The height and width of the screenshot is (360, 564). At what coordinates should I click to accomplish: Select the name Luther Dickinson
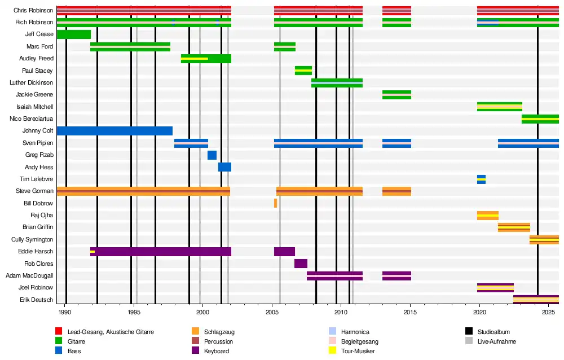pos(32,82)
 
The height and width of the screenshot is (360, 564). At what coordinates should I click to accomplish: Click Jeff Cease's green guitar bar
pos(73,34)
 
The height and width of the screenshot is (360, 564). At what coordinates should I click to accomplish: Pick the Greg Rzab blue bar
pos(212,155)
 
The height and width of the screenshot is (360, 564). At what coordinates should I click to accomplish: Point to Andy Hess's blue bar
pos(224,167)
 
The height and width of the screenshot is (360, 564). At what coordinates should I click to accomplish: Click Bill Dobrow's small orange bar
pos(275,203)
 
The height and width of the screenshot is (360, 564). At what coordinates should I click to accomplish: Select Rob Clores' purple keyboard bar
pos(301,264)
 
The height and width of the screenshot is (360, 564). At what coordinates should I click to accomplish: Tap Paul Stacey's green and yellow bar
pos(303,71)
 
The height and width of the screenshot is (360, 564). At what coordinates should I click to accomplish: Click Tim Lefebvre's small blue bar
pos(481,179)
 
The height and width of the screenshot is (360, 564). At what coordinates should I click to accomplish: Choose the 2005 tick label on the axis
pos(272,311)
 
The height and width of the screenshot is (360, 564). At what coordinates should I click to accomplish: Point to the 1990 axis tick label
pos(65,311)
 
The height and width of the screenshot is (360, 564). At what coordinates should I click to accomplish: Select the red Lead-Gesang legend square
pos(59,332)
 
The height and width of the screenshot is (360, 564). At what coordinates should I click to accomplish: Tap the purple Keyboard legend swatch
pos(196,351)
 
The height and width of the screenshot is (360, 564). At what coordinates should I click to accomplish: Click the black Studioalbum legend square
pos(469,332)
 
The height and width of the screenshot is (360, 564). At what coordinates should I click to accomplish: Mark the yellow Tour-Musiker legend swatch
pos(332,351)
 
